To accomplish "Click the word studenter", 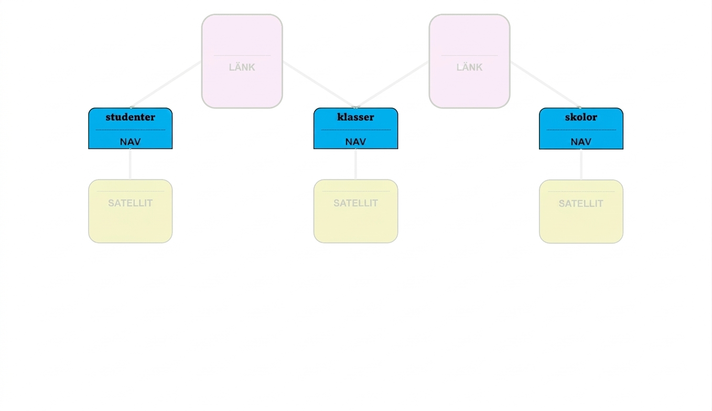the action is point(131,117).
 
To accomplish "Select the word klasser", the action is point(355,117).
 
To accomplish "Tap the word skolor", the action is point(581,117).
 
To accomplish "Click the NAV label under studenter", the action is point(131,142).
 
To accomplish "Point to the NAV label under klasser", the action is point(355,142).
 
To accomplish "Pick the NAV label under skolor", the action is point(581,142).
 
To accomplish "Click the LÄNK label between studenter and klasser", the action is point(242,67).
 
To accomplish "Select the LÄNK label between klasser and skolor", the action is point(469,67).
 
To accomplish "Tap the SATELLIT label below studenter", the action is point(131,203).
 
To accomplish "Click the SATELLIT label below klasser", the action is point(355,203).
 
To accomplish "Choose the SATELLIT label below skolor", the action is point(581,203).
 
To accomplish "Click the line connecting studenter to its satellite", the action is point(130,164).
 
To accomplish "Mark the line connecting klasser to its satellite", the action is point(355,164).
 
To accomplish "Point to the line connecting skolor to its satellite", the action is point(581,164).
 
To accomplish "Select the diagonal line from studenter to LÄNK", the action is point(166,84).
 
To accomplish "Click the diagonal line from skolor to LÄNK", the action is point(546,84).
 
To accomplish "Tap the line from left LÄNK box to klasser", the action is point(319,84).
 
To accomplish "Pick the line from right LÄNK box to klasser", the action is point(392,84).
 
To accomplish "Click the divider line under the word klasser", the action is point(355,129).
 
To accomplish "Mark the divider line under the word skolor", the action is point(581,129).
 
